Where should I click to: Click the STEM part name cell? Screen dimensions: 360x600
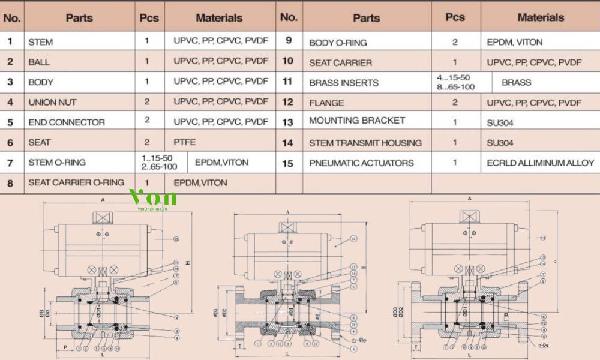tap(40, 43)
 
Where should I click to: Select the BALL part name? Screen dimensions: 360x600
tap(39, 62)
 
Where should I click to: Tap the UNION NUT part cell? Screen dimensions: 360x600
tap(52, 103)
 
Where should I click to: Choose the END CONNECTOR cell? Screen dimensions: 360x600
tap(67, 122)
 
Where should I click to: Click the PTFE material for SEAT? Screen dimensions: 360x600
tap(185, 143)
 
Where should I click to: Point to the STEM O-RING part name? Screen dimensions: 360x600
tap(57, 163)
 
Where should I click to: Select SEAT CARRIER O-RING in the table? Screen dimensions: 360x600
tap(76, 182)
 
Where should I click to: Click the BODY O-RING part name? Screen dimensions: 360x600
tap(338, 43)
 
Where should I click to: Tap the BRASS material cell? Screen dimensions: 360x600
tap(517, 82)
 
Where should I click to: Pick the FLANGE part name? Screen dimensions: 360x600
tap(326, 103)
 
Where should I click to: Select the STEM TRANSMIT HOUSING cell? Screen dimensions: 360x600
tap(365, 143)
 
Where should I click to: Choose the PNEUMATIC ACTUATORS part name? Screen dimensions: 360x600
tap(361, 163)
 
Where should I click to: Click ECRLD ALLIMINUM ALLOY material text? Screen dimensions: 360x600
tap(540, 163)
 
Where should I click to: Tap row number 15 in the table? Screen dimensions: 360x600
tap(288, 163)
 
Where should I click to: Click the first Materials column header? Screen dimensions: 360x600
tap(219, 18)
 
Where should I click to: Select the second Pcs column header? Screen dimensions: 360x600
tap(455, 17)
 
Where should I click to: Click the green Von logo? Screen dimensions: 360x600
tap(153, 197)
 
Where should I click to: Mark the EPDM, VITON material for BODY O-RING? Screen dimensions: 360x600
tap(515, 43)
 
